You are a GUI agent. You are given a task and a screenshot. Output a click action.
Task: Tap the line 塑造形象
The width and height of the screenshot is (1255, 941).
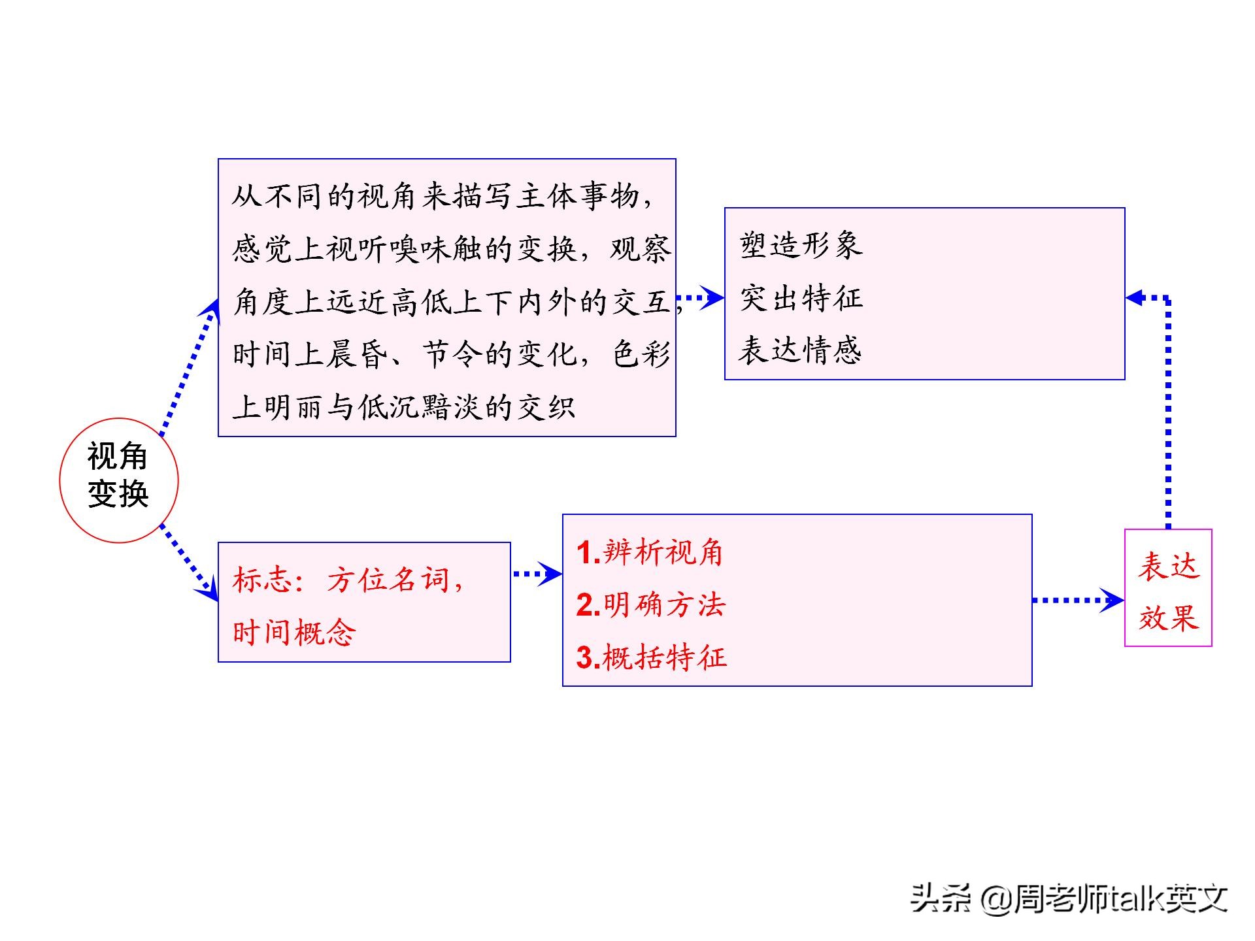801,246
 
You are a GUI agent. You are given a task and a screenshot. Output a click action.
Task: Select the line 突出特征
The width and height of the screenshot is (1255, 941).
801,299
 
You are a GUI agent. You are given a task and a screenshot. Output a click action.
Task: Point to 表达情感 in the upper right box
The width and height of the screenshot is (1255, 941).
801,350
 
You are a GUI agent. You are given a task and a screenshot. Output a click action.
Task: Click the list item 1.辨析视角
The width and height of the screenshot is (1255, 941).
650,553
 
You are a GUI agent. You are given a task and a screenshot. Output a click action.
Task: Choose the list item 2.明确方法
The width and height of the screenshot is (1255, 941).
651,605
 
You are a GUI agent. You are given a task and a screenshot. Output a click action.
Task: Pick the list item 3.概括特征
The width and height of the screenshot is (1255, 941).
652,657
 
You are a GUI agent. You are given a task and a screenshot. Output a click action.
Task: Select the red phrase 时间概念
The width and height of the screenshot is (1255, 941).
294,633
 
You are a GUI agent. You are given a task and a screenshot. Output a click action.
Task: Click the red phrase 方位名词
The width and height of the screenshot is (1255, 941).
388,580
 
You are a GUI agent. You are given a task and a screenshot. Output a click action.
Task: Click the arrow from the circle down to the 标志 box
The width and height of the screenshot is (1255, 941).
190,563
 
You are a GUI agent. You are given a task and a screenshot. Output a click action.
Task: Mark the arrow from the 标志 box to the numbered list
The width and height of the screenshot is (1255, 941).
537,574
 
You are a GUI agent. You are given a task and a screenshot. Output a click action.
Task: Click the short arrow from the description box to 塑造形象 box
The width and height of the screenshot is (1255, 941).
700,298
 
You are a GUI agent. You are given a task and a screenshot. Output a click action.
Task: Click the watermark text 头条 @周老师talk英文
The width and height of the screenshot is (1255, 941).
1069,899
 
